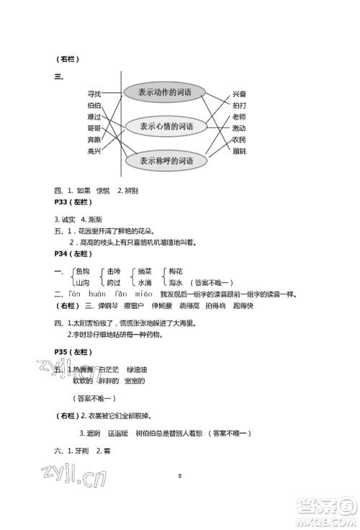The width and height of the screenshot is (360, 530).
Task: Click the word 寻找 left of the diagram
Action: (x=94, y=94)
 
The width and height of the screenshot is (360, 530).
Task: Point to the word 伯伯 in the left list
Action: (x=94, y=105)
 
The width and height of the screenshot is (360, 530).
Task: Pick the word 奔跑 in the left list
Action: (x=94, y=140)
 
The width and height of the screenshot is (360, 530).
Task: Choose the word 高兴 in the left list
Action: (x=94, y=151)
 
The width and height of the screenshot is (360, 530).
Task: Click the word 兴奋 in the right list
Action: (x=239, y=94)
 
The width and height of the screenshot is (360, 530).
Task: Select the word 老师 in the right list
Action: (x=239, y=117)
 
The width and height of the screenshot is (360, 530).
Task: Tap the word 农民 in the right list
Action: (x=239, y=139)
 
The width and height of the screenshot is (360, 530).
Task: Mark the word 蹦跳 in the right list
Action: (x=239, y=151)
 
